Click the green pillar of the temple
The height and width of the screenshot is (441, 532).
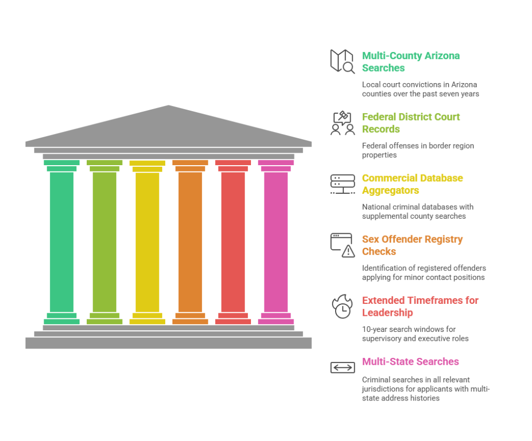click(x=61, y=242)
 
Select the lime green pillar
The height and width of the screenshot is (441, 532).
click(x=104, y=242)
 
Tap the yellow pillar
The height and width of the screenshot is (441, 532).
click(x=147, y=242)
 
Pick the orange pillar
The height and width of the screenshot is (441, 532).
click(x=190, y=242)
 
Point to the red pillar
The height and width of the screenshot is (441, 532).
click(x=233, y=242)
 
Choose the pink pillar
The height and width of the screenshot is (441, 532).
click(x=276, y=242)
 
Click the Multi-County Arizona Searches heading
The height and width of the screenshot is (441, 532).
click(x=410, y=62)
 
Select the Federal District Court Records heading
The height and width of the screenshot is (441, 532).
click(x=410, y=123)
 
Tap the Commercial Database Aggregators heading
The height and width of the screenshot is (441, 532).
click(x=412, y=184)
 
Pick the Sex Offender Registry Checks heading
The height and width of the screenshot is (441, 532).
click(x=412, y=245)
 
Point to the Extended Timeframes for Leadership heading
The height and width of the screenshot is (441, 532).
click(x=420, y=306)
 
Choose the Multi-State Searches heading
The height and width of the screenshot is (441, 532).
click(x=410, y=362)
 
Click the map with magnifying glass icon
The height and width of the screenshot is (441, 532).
click(x=342, y=61)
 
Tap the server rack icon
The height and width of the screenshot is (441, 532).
click(x=342, y=184)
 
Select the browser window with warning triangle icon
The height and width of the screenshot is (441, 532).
click(x=342, y=245)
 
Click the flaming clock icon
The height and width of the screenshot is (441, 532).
click(x=342, y=306)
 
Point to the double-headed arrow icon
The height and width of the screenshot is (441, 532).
click(x=342, y=367)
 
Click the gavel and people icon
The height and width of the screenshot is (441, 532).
click(x=342, y=123)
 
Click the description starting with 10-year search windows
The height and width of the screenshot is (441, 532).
click(x=415, y=333)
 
